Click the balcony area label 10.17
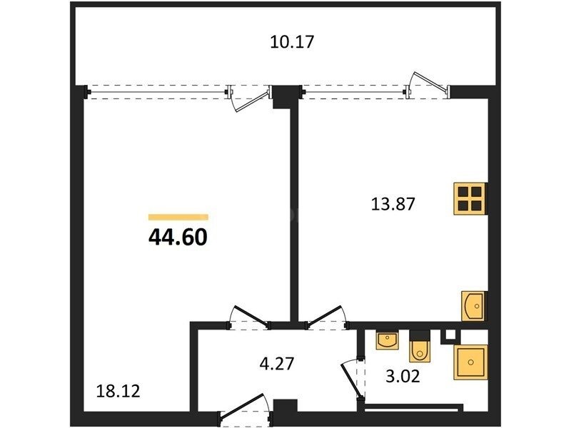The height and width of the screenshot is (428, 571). [x=292, y=41]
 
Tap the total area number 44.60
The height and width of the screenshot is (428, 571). [x=178, y=238]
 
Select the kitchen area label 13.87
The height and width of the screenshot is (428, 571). [x=393, y=204]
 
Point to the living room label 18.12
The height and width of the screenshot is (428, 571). [x=118, y=391]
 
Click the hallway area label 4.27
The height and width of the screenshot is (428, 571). [x=276, y=363]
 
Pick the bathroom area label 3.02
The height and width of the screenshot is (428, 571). [x=403, y=376]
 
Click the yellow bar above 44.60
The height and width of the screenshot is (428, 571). [x=178, y=218]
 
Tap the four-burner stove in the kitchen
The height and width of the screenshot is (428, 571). [x=470, y=199]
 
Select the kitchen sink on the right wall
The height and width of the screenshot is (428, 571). [x=473, y=306]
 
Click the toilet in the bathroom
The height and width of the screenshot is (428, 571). [x=420, y=347]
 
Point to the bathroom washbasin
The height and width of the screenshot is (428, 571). [x=387, y=340]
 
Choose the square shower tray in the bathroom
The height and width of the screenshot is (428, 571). [x=470, y=362]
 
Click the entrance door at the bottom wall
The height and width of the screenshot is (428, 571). [x=246, y=407]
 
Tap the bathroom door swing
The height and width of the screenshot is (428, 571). [x=351, y=379]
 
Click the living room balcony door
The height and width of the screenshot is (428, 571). [x=249, y=98]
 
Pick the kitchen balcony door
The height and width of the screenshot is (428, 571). [x=427, y=84]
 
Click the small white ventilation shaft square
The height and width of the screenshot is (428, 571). [x=450, y=334]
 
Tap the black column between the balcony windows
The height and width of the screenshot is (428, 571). [x=286, y=96]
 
